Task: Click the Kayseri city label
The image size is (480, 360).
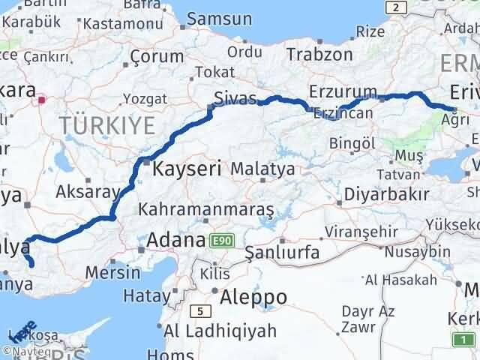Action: [x=187, y=169]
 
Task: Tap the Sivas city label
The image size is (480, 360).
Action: [x=235, y=98]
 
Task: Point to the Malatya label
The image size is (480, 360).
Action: [x=262, y=169]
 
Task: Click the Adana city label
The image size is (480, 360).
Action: [x=176, y=241]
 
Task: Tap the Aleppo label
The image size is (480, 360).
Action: [x=253, y=297]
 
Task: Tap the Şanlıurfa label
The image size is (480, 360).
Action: [x=283, y=252]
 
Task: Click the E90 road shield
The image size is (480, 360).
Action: [x=223, y=240]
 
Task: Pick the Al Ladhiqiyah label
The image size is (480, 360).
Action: [x=220, y=331]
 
